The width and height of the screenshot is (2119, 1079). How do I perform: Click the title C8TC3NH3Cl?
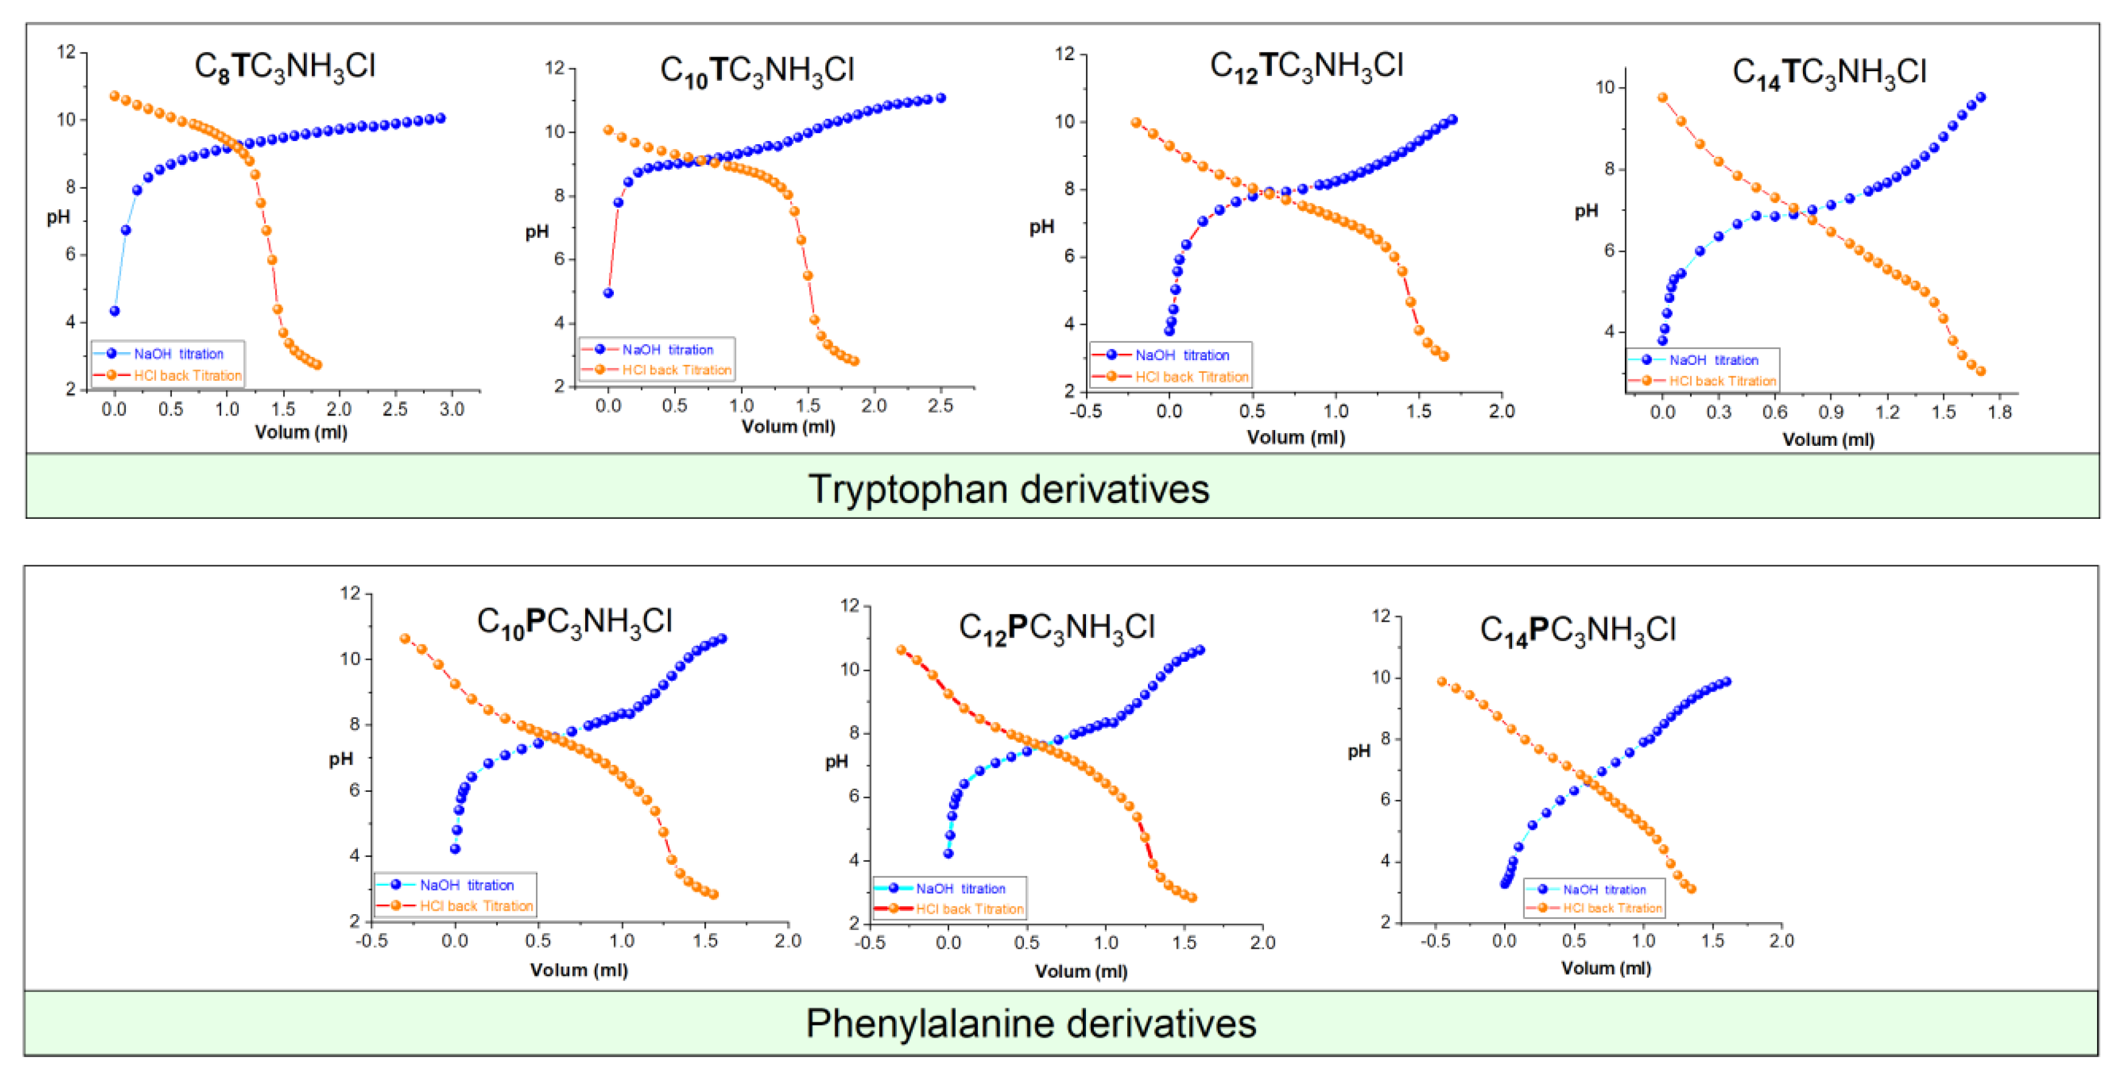(284, 66)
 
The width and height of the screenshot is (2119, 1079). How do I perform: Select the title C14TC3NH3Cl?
(1830, 72)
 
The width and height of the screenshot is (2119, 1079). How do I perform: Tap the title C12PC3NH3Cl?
(1057, 628)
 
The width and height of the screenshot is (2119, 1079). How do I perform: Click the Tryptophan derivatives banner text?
(1009, 489)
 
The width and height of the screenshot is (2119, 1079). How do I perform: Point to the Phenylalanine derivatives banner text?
(1031, 1024)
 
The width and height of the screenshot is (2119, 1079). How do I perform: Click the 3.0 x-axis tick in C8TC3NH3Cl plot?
(452, 409)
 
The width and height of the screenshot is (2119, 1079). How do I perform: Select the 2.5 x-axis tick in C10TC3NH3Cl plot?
(940, 405)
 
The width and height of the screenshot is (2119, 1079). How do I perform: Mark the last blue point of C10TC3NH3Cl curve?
(941, 98)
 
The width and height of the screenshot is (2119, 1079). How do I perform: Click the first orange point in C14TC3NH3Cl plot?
(1663, 98)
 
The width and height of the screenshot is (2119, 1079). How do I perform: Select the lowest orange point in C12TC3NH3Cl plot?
(1444, 357)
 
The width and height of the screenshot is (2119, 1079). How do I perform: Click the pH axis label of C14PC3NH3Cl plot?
(1358, 751)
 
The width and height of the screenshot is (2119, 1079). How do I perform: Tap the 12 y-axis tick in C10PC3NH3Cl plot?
(351, 594)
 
